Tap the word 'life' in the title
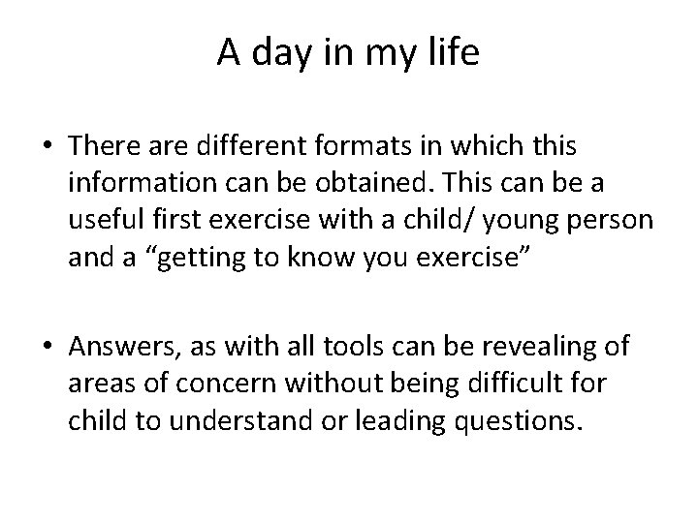pyautogui.click(x=453, y=53)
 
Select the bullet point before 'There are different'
pyautogui.click(x=48, y=146)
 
